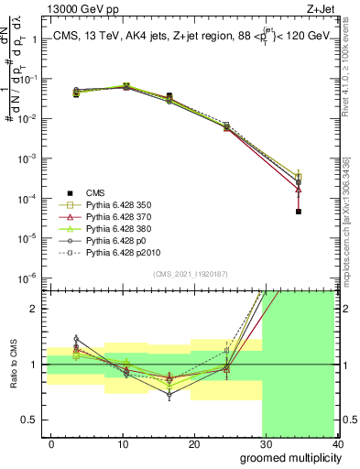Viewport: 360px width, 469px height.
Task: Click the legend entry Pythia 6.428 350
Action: (x=117, y=204)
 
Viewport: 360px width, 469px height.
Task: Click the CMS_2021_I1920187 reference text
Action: (x=191, y=272)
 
